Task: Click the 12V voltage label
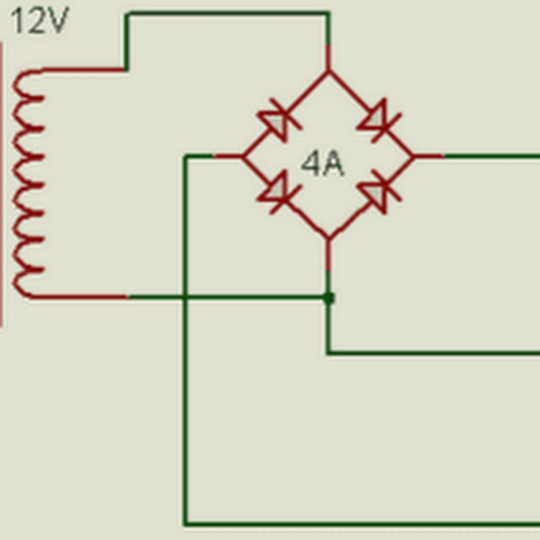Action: click(40, 21)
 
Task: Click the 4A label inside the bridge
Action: click(323, 165)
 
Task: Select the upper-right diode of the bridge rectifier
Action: click(379, 120)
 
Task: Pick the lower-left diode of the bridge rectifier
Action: click(279, 193)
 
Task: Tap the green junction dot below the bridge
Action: click(329, 298)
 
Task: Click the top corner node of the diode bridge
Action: click(328, 72)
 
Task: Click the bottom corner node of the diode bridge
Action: click(328, 238)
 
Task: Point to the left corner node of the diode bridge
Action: click(243, 157)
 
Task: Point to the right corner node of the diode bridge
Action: click(413, 157)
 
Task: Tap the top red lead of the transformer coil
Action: click(83, 70)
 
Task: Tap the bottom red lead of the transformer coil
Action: click(80, 297)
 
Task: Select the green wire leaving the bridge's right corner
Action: click(492, 157)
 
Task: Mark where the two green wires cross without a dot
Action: click(186, 297)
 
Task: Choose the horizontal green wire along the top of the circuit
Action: click(228, 13)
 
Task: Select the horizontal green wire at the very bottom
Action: click(362, 524)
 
